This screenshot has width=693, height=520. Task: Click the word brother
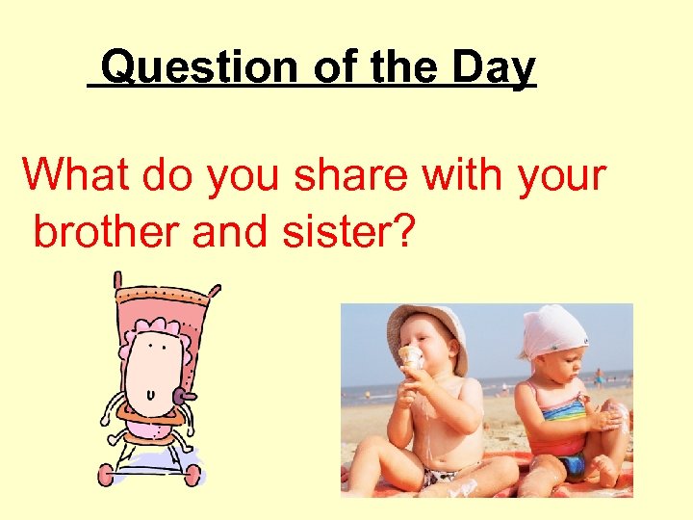pyautogui.click(x=106, y=231)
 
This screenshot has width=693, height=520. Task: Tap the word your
pyautogui.click(x=562, y=175)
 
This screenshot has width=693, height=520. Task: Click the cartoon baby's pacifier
pyautogui.click(x=182, y=395)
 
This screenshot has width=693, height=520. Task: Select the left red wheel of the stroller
pyautogui.click(x=107, y=475)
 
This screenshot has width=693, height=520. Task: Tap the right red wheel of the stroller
pyautogui.click(x=193, y=474)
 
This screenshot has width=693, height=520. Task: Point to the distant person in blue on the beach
pyautogui.click(x=598, y=376)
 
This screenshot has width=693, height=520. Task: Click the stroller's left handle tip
pyautogui.click(x=116, y=276)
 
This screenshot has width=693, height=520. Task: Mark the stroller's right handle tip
pyautogui.click(x=217, y=287)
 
